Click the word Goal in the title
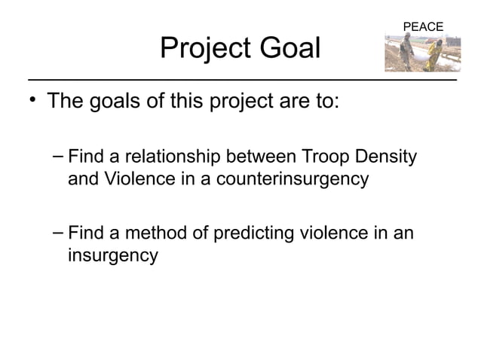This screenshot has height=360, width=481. point(290,49)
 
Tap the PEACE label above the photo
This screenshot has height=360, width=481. point(423,27)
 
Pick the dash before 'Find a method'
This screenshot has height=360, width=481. point(58,233)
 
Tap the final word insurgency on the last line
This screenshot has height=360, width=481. point(113,256)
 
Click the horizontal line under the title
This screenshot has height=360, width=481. point(241,78)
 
